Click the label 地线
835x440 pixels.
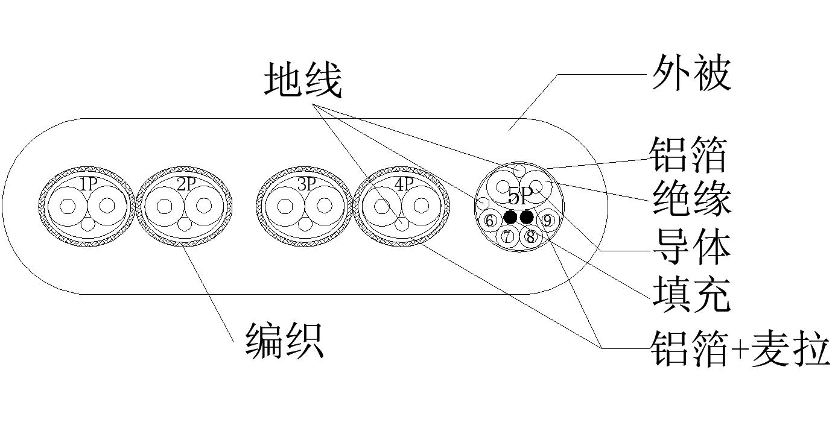(303, 81)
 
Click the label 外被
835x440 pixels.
(691, 75)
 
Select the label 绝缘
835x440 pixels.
(691, 199)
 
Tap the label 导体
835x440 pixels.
(691, 247)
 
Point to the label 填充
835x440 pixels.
(691, 294)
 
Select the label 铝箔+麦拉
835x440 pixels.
(740, 348)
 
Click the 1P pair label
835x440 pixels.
(88, 184)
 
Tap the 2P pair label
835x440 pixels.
(186, 184)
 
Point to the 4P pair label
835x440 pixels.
(402, 184)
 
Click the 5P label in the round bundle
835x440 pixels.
(519, 195)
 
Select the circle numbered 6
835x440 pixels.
(491, 221)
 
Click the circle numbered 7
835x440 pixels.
(508, 237)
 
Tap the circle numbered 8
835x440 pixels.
(530, 237)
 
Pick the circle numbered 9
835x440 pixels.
(547, 221)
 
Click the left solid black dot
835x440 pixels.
(511, 217)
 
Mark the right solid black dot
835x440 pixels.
(527, 217)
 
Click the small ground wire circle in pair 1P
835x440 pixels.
(88, 224)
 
